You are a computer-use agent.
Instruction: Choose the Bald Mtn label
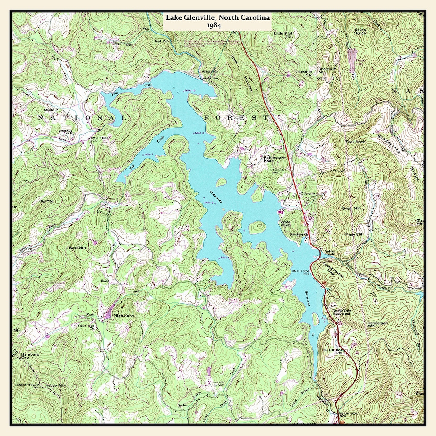[x=78, y=247]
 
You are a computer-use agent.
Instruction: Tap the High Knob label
[x=124, y=316]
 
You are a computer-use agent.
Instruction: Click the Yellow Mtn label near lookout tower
[x=55, y=386]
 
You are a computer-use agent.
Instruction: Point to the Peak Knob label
[x=355, y=142]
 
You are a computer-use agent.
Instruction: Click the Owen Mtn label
[x=351, y=208]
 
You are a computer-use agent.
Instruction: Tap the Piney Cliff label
[x=354, y=234]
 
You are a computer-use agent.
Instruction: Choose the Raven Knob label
[x=360, y=32]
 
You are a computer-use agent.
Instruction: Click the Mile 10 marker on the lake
[x=190, y=90]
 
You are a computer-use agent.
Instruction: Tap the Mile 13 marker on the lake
[x=226, y=257]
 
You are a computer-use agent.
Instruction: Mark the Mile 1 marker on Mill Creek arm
[x=149, y=155]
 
